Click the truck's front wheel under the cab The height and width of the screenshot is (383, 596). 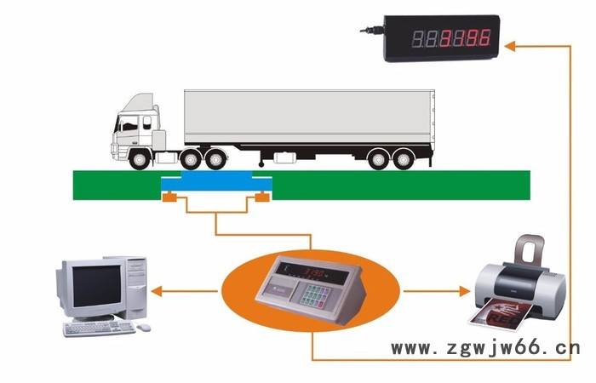(138, 159)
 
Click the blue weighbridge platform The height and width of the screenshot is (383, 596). (217, 184)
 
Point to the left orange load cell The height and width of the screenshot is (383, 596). (169, 198)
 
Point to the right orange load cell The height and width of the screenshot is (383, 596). (263, 198)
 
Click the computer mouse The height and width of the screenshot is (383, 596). (145, 328)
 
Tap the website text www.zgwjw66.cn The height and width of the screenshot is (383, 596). (485, 347)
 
